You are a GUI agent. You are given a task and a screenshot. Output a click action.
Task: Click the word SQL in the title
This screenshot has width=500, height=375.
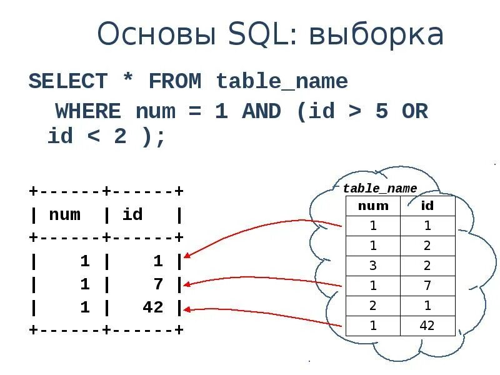coord(256,35)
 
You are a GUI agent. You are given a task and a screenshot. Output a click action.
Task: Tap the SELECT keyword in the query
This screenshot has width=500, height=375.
coord(68,81)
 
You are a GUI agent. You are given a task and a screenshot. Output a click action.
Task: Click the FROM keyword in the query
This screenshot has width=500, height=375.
coord(174,81)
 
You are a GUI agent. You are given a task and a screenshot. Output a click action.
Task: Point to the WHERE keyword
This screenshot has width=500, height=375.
coord(88,112)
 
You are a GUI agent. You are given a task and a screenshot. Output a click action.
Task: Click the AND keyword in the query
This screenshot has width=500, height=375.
coord(262,112)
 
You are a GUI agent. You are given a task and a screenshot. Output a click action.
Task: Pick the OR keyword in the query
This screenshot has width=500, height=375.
coord(414,112)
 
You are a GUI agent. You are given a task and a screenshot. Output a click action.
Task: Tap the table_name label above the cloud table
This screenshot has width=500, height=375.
coord(380,189)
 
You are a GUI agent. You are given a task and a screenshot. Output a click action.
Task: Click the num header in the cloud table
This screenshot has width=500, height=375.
coord(373,206)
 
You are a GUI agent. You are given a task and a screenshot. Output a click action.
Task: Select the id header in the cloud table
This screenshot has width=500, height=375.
coord(427,206)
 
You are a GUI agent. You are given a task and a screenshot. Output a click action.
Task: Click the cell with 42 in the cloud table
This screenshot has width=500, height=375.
coord(427,326)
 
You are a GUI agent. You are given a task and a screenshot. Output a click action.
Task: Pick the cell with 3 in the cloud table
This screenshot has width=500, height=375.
coord(373,266)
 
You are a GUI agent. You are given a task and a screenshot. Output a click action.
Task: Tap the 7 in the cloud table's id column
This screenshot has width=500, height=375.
coord(427,286)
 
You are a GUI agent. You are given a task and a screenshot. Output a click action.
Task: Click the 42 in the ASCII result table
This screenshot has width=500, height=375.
coord(152,307)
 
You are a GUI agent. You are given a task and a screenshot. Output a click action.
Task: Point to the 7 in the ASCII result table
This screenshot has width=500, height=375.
coord(158,284)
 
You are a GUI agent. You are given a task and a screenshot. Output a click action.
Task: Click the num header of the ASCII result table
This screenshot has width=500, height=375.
coord(64,215)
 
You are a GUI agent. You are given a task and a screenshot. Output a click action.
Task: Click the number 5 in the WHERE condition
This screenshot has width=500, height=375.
coord(381,112)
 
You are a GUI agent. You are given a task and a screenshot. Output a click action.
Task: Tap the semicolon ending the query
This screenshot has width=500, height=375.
coord(161,137)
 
